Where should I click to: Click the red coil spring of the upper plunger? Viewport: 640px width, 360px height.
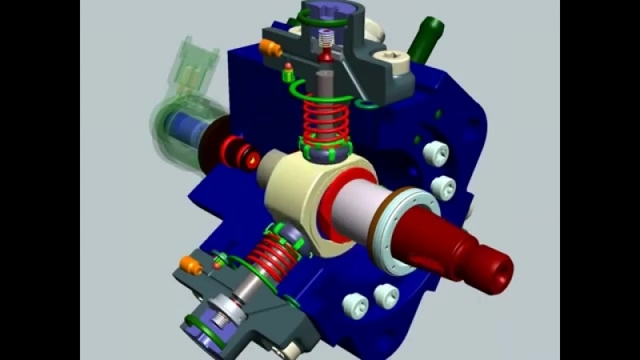click(x=323, y=120)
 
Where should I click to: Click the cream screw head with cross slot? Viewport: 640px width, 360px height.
click(x=394, y=58)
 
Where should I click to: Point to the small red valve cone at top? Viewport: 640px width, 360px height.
click(x=326, y=55)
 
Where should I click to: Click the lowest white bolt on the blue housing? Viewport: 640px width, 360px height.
click(x=353, y=304)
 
